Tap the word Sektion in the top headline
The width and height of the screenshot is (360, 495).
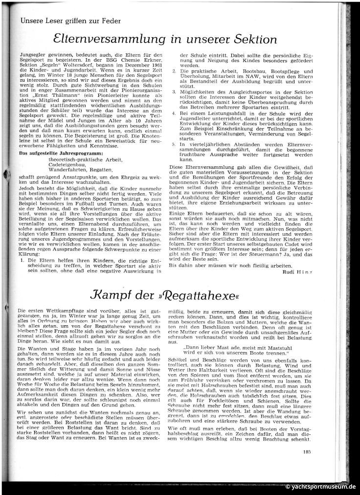coord(251,39)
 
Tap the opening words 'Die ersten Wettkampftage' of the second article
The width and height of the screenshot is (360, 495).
coord(44,311)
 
